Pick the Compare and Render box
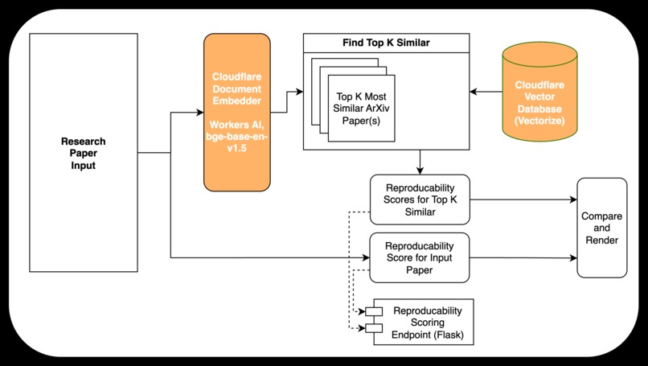coord(601,228)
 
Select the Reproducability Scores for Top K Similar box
coord(419,199)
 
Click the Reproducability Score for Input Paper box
coord(419,257)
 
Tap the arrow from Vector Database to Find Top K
coord(486,92)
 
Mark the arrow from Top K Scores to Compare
coord(523,199)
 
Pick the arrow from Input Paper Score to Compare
coord(523,257)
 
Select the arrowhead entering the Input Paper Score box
coord(364,257)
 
